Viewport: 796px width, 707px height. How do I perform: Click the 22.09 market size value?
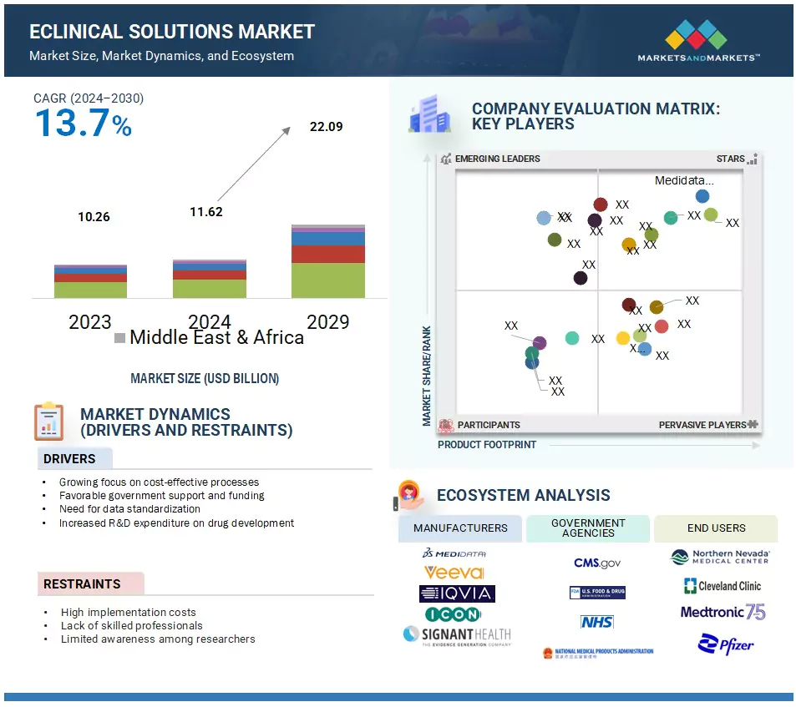tap(326, 128)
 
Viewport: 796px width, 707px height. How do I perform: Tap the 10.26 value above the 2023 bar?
tap(94, 217)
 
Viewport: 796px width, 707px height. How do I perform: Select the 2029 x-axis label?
tap(327, 322)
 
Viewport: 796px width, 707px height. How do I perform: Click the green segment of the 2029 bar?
tap(327, 280)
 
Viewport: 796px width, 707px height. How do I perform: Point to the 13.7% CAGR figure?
tap(83, 124)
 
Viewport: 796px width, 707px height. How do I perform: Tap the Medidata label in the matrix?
tap(684, 180)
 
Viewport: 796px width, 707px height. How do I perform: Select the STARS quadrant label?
tap(730, 159)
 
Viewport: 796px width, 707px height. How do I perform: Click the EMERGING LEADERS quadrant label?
tap(497, 159)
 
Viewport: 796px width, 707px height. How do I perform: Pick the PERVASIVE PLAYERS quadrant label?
tap(702, 425)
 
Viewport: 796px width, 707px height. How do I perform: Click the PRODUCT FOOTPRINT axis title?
tap(487, 445)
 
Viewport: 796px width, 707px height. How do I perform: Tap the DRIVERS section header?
tap(69, 459)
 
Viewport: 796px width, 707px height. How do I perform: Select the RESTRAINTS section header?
tap(82, 584)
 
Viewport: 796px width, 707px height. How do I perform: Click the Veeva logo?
tap(454, 573)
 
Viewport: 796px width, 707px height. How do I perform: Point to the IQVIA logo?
tap(457, 593)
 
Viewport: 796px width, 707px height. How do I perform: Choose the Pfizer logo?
tap(726, 644)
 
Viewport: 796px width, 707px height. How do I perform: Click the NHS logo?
tap(596, 622)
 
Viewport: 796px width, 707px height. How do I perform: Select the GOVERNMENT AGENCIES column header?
tap(588, 528)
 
